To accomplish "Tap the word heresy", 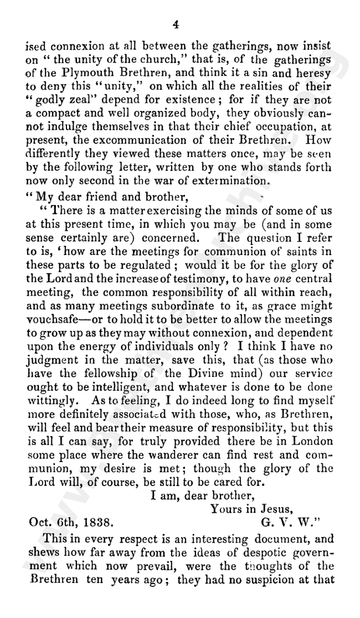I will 312,72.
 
